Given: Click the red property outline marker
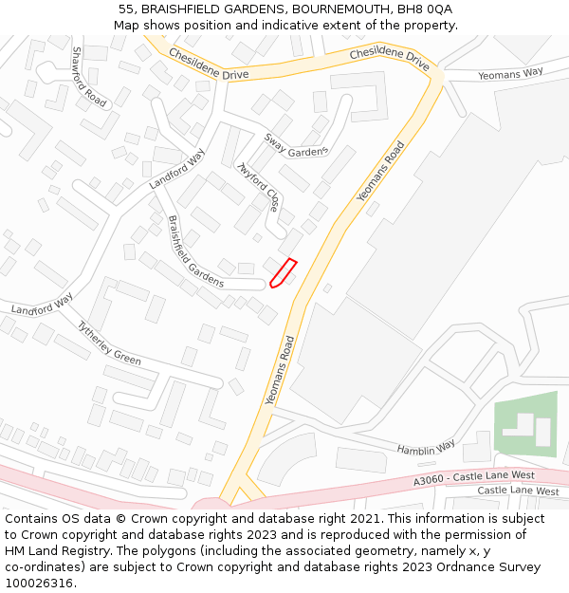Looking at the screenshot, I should point(283,272).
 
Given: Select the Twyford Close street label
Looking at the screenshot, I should point(258,187).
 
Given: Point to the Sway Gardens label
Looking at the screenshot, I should point(295,144).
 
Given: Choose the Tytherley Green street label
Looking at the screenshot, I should point(108,343).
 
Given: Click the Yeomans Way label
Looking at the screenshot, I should point(510,73).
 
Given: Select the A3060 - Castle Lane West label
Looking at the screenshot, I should point(473,478).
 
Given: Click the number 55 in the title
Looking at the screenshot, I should point(126,9).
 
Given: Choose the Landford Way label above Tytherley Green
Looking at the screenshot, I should point(42,305).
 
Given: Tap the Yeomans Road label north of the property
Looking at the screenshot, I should point(380,171).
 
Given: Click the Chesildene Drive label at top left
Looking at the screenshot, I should point(208,65).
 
